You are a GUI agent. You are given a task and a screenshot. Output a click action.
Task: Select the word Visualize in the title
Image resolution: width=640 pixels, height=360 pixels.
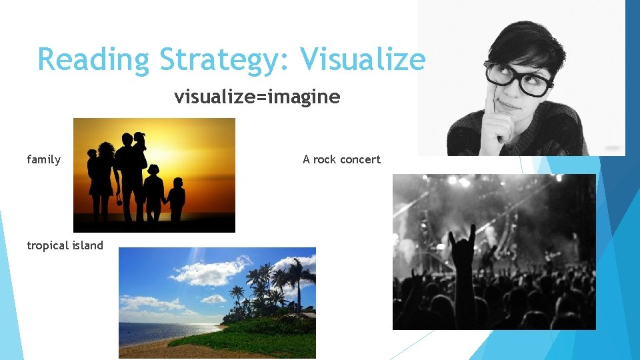point(363,59)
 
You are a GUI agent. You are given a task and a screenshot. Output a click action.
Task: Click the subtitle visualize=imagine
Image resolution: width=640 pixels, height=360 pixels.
point(257,97)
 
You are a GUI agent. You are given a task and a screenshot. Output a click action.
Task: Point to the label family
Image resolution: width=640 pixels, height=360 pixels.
point(43,159)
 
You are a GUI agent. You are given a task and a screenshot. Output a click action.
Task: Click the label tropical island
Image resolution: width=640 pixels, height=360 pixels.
point(65,245)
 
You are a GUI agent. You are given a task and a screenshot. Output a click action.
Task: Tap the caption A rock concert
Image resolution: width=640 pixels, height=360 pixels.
point(341,159)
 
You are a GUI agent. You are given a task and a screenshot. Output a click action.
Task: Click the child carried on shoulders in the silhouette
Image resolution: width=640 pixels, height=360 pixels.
point(139,143)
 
